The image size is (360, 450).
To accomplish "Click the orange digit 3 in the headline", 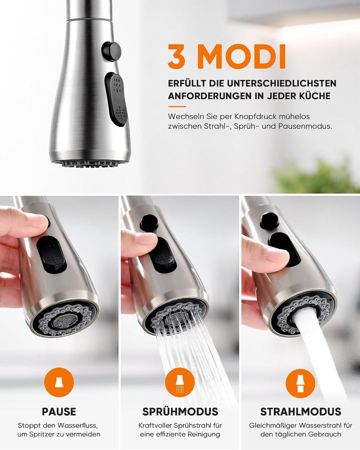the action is [x=177, y=56].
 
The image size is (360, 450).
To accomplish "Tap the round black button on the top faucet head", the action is [x=111, y=51].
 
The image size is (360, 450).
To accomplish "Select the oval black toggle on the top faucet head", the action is [x=115, y=99].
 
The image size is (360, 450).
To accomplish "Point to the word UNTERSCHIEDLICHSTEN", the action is [x=282, y=83].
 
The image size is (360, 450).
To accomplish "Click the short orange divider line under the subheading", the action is [x=177, y=106].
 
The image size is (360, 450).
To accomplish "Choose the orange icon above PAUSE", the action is [x=59, y=382].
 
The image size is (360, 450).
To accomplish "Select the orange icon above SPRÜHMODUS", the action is [x=179, y=382].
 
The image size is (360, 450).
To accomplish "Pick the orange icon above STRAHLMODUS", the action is [x=300, y=383].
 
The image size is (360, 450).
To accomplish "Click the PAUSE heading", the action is [x=59, y=412].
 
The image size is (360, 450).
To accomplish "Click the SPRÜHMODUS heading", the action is [x=180, y=412].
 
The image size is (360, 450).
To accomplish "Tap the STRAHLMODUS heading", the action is [x=300, y=412].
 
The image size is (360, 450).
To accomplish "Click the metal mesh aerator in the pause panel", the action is [x=65, y=320].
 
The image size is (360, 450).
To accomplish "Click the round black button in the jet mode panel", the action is [x=269, y=220].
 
